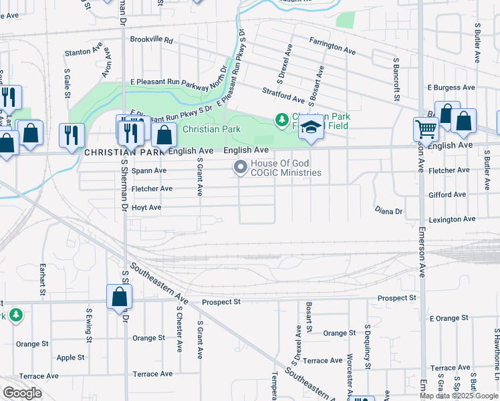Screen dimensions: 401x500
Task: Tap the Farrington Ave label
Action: (332, 45)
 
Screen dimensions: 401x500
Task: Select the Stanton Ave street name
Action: (83, 52)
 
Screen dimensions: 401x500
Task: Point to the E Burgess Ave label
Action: (451, 88)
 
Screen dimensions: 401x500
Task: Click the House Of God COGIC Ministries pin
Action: (239, 168)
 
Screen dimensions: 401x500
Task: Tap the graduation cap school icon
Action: (311, 129)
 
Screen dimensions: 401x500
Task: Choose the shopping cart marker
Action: (425, 130)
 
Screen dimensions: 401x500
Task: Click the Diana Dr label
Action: (388, 211)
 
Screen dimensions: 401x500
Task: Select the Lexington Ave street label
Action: (453, 219)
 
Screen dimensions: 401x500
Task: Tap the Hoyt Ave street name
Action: (146, 207)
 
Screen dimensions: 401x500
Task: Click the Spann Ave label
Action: (148, 170)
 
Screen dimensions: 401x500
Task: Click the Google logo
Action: (22, 393)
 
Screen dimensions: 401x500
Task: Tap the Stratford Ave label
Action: (283, 97)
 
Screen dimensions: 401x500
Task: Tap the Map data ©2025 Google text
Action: (459, 396)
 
